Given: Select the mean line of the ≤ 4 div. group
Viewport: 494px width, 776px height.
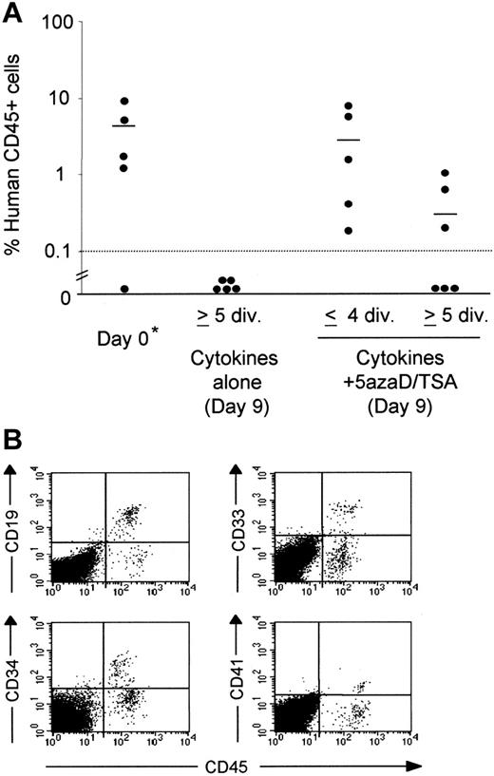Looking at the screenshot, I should coord(350,140).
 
